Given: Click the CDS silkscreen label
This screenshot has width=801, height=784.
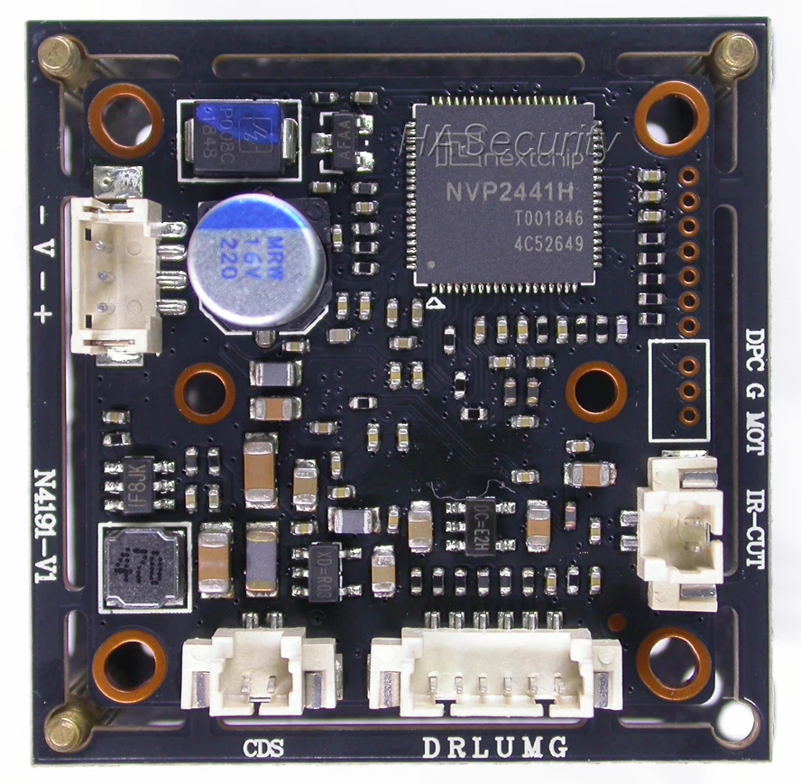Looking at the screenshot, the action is point(264,747).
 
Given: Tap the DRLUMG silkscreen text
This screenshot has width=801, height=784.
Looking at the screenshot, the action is point(495,747).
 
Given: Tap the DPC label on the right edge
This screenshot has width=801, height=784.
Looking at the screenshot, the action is point(755,350).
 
